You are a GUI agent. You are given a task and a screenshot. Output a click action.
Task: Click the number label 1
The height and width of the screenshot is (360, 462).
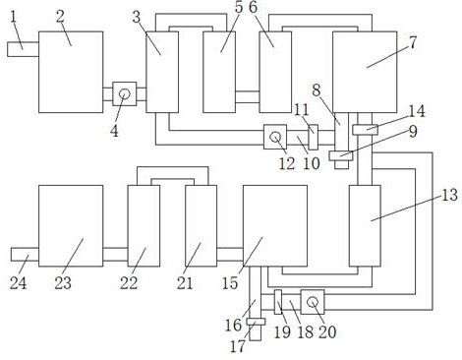13,17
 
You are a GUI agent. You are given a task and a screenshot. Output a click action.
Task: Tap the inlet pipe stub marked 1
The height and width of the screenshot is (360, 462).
23,49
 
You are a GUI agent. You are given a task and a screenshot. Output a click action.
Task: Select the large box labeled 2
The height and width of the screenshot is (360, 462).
71,72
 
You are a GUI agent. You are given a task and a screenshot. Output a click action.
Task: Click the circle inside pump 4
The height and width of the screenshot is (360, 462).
125,94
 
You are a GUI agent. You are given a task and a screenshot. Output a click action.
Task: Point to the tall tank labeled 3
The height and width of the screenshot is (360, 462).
162,72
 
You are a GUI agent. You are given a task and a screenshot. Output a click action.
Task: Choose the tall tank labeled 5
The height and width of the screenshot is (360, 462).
219,72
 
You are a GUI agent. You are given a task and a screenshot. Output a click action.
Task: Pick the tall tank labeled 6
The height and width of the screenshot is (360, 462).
275,72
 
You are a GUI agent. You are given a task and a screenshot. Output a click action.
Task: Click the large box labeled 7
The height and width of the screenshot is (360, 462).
365,72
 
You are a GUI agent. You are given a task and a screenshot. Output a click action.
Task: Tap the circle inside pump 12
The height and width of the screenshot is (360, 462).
275,137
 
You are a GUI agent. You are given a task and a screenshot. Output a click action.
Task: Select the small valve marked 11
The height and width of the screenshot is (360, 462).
314,137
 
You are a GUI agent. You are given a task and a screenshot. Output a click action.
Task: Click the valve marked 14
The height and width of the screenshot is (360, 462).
365,130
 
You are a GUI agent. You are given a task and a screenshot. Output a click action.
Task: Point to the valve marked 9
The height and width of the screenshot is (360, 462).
341,155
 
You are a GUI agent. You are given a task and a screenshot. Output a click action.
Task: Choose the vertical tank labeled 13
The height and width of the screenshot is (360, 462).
365,226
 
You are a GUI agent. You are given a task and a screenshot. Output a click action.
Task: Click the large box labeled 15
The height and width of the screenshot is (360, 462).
275,226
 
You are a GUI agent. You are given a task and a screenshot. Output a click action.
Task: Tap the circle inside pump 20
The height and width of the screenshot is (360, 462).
313,302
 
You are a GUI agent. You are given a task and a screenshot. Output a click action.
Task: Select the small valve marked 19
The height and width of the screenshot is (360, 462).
278,302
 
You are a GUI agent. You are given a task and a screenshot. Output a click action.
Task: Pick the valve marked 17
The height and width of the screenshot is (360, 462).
256,322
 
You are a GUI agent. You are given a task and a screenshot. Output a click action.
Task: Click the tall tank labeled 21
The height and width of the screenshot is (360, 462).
201,226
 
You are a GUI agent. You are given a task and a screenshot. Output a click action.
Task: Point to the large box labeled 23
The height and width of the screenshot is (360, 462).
71,226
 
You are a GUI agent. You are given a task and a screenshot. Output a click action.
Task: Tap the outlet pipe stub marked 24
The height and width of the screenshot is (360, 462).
25,255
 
